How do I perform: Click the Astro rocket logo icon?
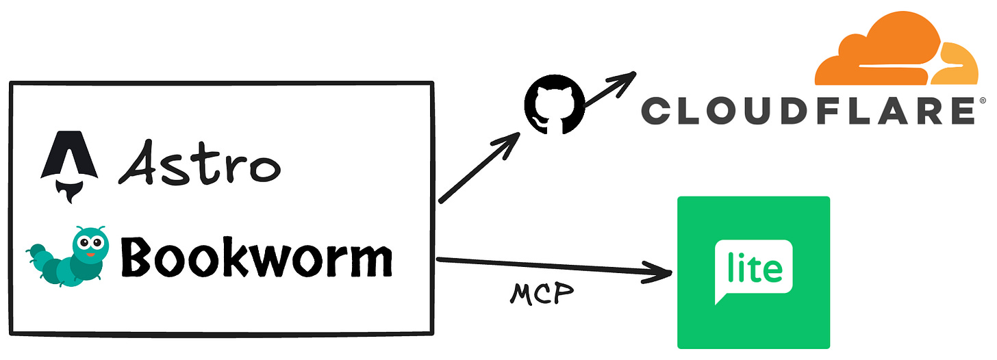pyautogui.click(x=61, y=162)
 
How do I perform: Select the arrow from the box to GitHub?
pyautogui.click(x=479, y=168)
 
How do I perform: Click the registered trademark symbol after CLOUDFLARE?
pyautogui.click(x=983, y=101)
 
